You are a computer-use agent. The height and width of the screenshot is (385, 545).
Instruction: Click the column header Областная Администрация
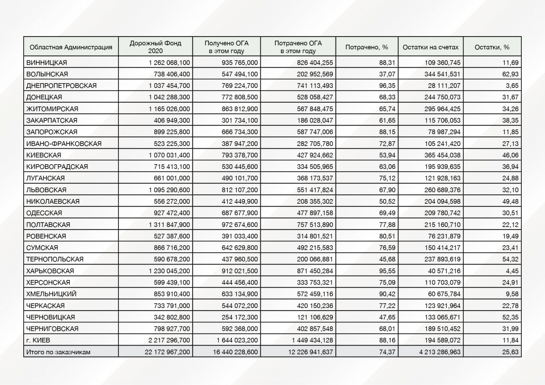click(71, 47)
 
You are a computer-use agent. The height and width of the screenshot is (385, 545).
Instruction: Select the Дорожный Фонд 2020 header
click(156, 47)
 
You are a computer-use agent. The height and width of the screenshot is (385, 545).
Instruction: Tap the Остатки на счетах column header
click(431, 47)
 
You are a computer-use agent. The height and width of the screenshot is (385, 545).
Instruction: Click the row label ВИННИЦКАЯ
click(47, 62)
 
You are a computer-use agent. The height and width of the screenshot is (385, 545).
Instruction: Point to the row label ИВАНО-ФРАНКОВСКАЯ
click(64, 143)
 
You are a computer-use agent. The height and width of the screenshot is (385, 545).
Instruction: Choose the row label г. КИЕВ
click(38, 340)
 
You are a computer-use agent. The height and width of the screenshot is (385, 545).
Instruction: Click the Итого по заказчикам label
click(58, 352)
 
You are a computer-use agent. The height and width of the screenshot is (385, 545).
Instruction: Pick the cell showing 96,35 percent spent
click(387, 86)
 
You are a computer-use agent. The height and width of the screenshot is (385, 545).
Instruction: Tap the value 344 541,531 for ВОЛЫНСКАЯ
click(442, 74)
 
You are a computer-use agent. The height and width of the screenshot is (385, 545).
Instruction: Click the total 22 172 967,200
click(167, 352)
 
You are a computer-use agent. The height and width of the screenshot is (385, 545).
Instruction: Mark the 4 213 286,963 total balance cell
click(440, 352)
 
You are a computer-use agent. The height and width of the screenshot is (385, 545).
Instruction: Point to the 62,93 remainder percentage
click(510, 74)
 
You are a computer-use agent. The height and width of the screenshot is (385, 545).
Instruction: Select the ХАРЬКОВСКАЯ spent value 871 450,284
click(315, 271)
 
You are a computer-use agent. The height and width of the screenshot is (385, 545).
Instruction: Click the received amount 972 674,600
click(239, 224)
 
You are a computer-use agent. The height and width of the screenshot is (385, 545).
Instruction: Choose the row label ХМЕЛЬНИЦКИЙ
click(51, 294)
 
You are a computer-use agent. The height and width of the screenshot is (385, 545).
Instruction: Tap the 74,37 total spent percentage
click(387, 352)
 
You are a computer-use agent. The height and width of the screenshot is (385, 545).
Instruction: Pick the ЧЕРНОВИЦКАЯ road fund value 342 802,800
click(171, 317)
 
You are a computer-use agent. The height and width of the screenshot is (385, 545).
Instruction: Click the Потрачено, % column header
click(367, 47)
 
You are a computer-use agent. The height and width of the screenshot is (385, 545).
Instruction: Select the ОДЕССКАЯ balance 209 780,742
click(442, 213)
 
